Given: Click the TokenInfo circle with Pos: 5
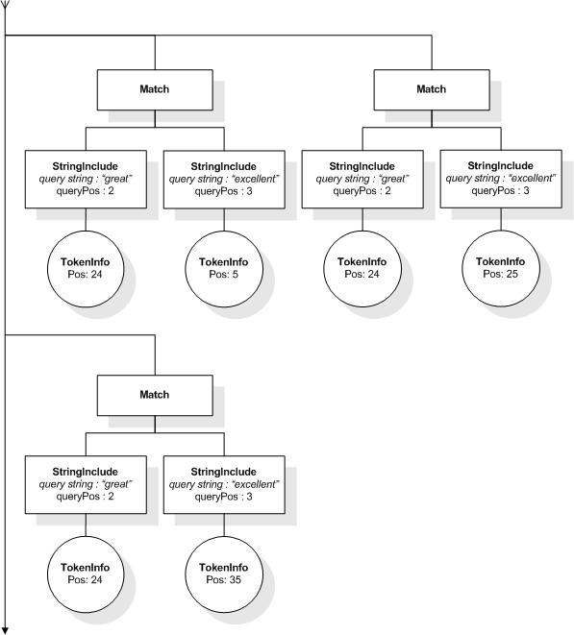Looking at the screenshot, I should click(x=223, y=268).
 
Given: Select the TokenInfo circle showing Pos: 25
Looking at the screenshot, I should click(x=500, y=267).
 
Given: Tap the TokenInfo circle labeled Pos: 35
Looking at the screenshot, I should click(x=223, y=574).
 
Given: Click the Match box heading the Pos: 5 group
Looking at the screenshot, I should click(x=154, y=88).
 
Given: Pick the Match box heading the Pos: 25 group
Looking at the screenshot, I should click(x=431, y=88).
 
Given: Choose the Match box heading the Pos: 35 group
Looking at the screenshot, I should click(x=154, y=394).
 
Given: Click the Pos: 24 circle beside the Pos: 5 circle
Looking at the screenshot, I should click(x=86, y=268).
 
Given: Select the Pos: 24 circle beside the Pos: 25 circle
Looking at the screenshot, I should click(x=362, y=268).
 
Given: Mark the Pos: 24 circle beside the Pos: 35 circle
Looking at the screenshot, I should click(x=86, y=574).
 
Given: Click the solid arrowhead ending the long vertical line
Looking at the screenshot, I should click(x=6, y=627).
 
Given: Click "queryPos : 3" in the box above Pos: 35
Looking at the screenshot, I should click(x=223, y=497).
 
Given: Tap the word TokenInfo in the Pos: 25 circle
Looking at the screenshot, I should click(x=500, y=261).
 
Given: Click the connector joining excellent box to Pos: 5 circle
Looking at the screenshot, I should click(x=223, y=221).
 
